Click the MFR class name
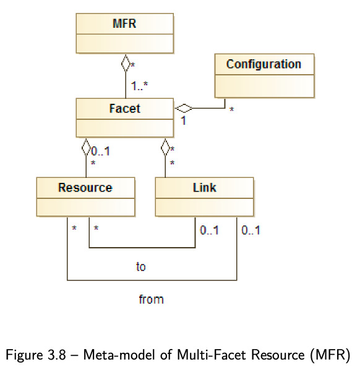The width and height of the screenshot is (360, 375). pyautogui.click(x=124, y=23)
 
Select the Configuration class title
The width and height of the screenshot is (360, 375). pyautogui.click(x=264, y=64)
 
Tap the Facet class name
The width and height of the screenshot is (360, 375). pyautogui.click(x=124, y=109)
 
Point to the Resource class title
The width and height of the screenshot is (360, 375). pyautogui.click(x=85, y=188)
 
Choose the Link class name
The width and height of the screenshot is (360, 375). pyautogui.click(x=205, y=188)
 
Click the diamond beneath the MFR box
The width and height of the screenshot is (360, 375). pyautogui.click(x=126, y=63)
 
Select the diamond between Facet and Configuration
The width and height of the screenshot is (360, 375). pyautogui.click(x=184, y=108)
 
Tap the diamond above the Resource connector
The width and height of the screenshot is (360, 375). pyautogui.click(x=86, y=147)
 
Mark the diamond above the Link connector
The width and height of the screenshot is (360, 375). pyautogui.click(x=165, y=147)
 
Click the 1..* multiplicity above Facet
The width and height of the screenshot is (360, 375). pyautogui.click(x=140, y=86)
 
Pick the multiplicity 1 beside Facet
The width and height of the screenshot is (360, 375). pyautogui.click(x=184, y=120)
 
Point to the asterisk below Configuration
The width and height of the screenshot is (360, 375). pyautogui.click(x=231, y=109)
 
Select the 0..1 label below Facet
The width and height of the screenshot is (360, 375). pyautogui.click(x=101, y=151)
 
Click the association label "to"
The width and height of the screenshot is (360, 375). pyautogui.click(x=141, y=266)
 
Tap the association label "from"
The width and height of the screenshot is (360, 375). pyautogui.click(x=151, y=299)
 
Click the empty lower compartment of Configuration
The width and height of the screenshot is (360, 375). pyautogui.click(x=264, y=86)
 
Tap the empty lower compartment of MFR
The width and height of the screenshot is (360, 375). pyautogui.click(x=125, y=43)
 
